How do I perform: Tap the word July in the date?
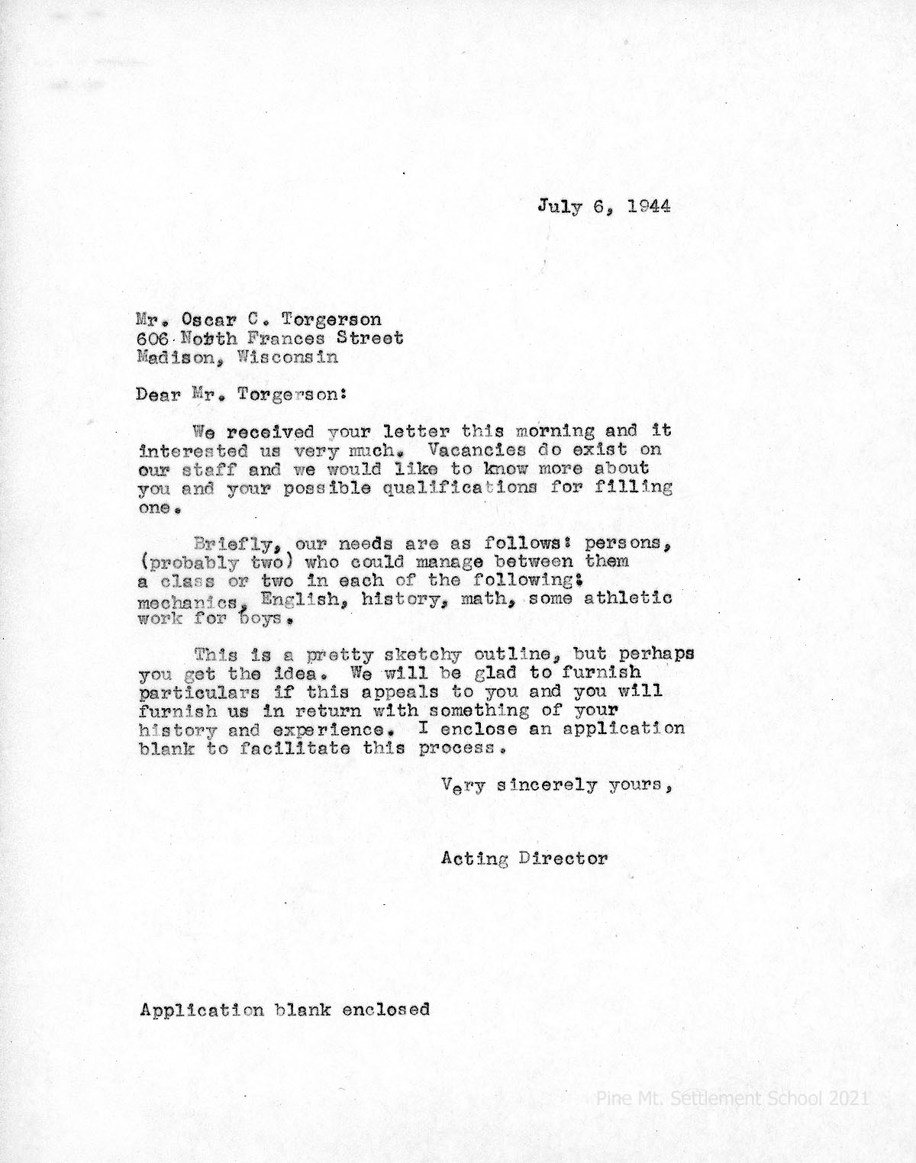click(560, 207)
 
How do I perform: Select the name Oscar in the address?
click(211, 320)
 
